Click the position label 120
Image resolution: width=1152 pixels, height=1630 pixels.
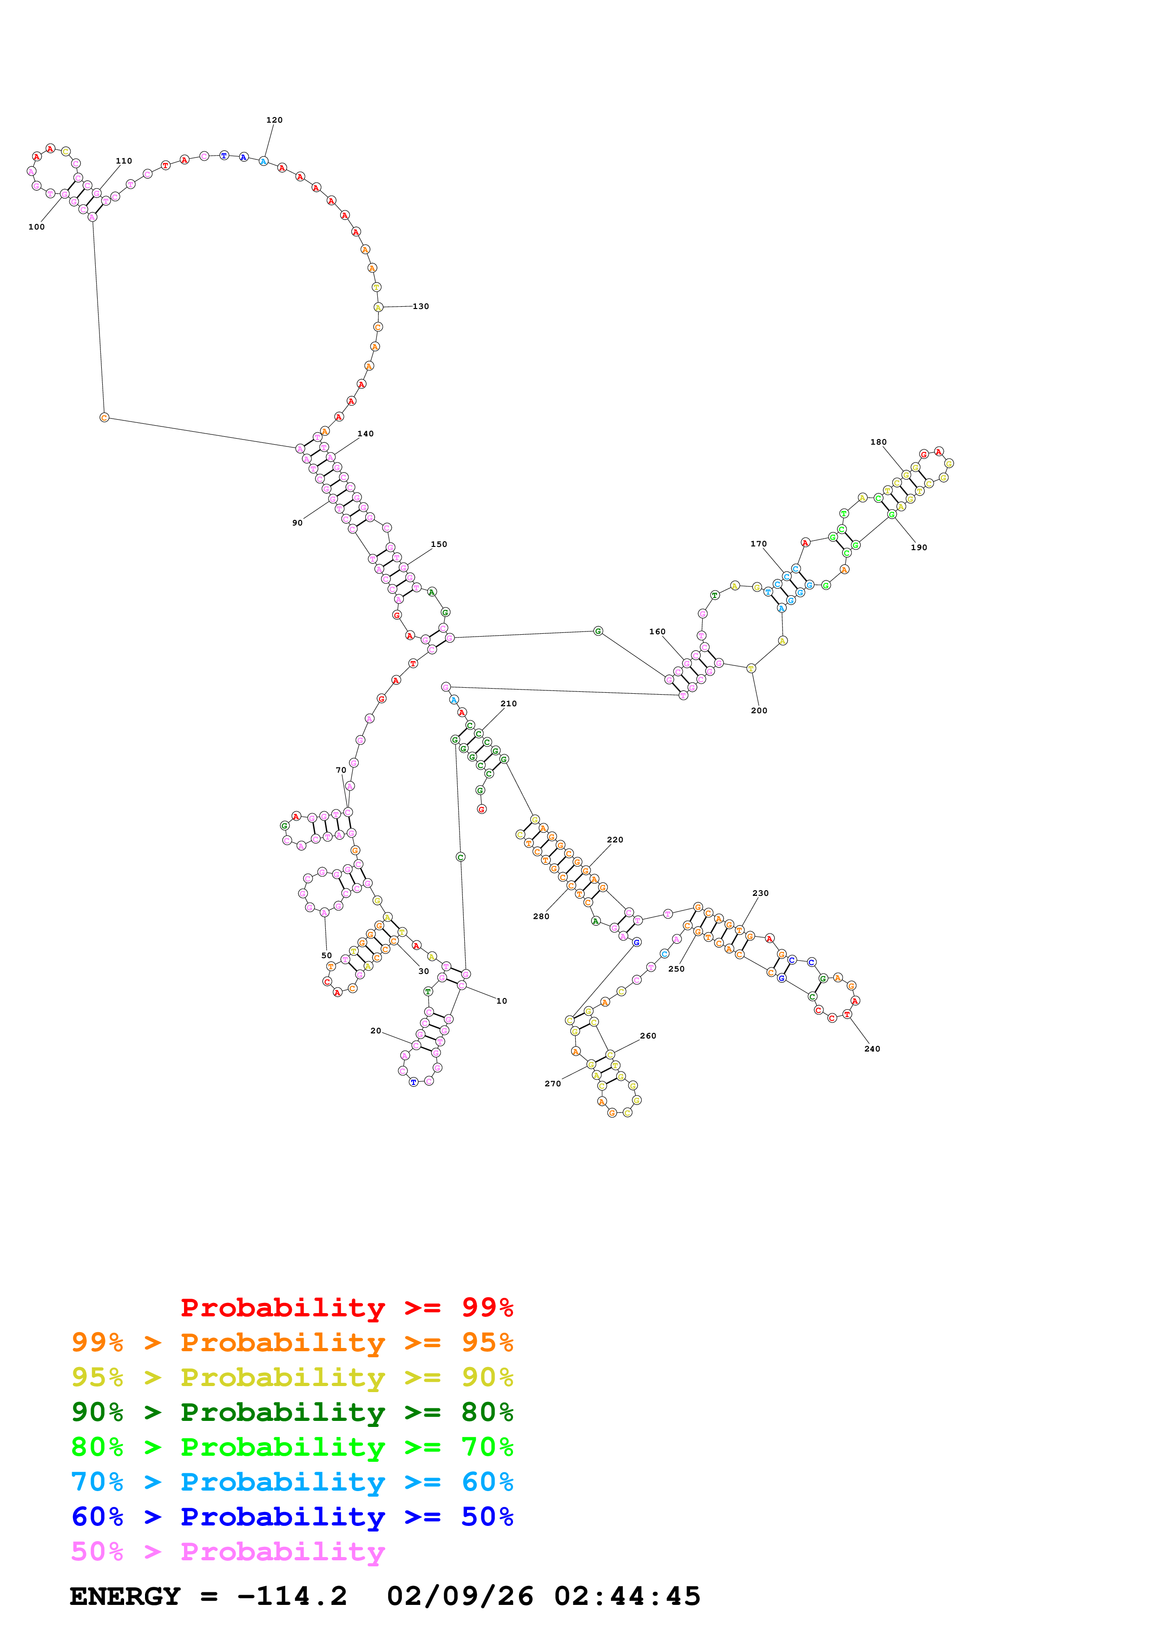(274, 120)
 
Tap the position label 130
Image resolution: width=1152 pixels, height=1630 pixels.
(421, 307)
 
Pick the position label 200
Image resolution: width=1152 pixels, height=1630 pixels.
(759, 710)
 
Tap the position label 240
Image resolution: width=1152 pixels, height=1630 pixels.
(872, 1049)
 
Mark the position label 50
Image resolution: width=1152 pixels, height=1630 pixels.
(327, 956)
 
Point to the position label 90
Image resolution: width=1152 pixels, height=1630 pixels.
(297, 523)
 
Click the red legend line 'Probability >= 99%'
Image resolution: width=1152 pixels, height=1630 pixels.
(346, 1308)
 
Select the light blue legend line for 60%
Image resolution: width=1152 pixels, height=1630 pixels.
(292, 1482)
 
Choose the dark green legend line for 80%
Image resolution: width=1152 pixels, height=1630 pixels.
(292, 1412)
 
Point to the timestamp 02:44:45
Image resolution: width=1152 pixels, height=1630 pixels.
(627, 1596)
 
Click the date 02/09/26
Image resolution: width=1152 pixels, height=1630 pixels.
(460, 1596)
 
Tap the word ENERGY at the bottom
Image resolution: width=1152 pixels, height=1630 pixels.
(125, 1596)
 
